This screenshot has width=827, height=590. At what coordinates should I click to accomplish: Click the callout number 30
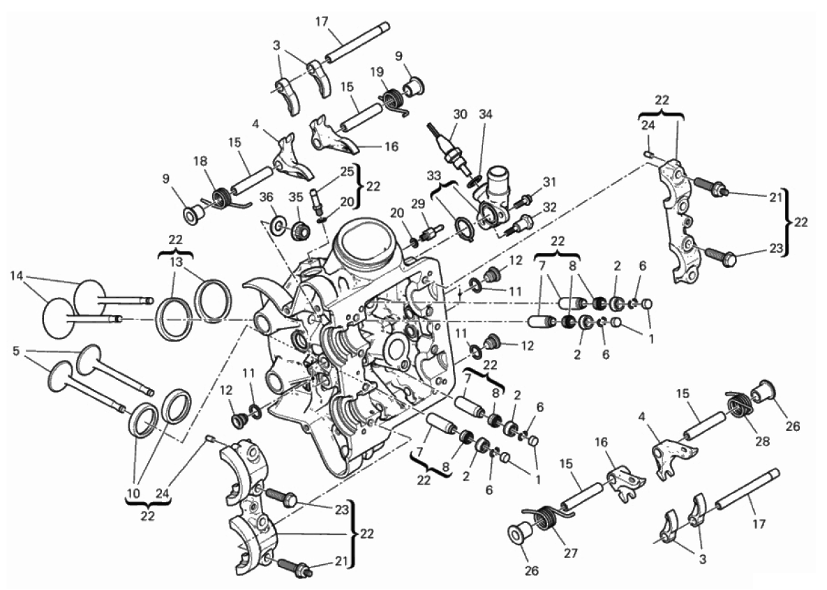pyautogui.click(x=459, y=115)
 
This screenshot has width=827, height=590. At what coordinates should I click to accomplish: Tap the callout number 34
pyautogui.click(x=486, y=115)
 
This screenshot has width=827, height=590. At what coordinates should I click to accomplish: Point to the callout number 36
pyautogui.click(x=267, y=197)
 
